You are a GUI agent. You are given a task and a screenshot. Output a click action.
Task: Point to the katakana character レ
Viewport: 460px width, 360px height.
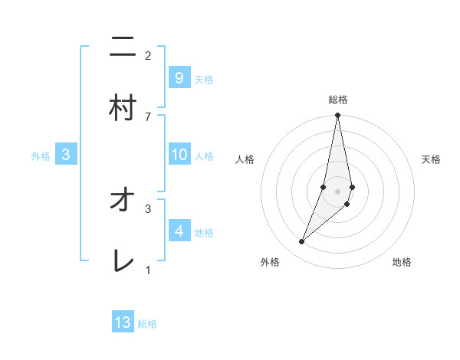pos(123,262)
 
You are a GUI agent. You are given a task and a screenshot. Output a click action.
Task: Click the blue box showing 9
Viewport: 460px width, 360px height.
pos(179,77)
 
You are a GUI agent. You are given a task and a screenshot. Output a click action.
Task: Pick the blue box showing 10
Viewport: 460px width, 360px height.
pos(179,155)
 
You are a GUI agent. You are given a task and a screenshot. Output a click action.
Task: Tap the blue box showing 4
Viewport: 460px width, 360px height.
pos(179,231)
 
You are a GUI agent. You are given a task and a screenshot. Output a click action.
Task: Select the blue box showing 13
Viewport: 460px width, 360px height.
pos(123,322)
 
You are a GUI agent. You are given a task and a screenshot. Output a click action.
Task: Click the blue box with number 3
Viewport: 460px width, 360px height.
pos(66,155)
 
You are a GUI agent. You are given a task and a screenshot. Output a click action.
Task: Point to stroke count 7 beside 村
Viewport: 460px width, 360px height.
pos(148,116)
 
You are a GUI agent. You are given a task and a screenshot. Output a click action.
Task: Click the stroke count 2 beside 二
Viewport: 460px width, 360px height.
pos(148,55)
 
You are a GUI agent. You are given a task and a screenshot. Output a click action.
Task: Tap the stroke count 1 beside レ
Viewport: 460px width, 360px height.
pos(148,270)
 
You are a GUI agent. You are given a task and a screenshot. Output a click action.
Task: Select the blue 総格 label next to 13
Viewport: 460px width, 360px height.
pos(147,324)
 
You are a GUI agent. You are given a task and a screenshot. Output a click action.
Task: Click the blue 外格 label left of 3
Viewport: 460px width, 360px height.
pos(41,156)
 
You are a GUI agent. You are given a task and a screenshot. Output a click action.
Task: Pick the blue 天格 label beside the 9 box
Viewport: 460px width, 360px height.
pos(204,79)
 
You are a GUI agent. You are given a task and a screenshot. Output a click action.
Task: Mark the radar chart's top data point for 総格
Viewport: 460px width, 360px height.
pos(337,116)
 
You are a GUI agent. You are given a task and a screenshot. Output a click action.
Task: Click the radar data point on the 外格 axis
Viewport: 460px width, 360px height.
pos(301,242)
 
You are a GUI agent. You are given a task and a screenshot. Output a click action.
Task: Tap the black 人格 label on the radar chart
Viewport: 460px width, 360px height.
pos(245,159)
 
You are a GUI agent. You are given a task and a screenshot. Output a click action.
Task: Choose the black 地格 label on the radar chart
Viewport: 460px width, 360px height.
pos(402,262)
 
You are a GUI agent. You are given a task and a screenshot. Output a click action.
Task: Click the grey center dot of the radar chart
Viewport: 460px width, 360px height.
pos(337,191)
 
